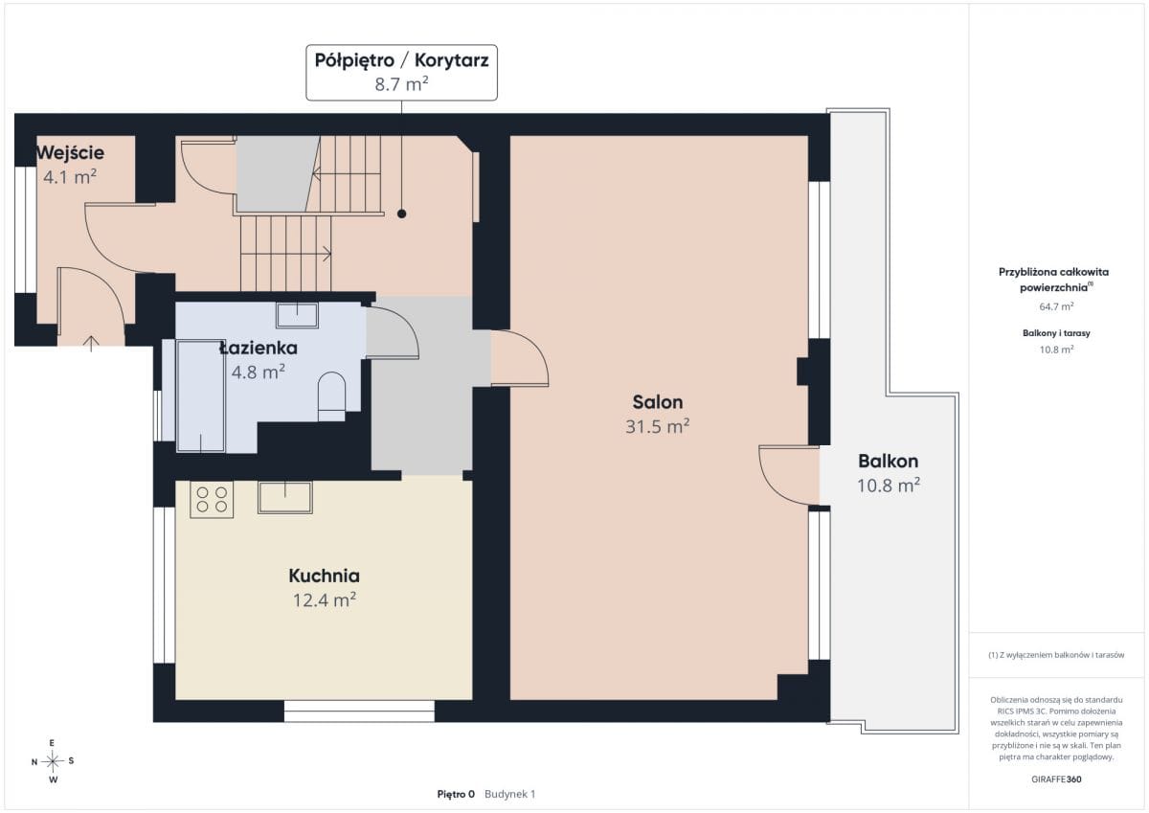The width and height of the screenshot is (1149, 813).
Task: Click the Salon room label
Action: point(657,402)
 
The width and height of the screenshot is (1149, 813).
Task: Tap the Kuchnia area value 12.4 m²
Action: point(325,599)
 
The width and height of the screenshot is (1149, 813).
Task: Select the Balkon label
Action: point(888,462)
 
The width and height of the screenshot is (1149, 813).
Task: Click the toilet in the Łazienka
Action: point(331,396)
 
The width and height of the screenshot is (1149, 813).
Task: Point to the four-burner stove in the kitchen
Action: point(212,499)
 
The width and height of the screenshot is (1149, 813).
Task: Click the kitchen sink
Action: point(285,497)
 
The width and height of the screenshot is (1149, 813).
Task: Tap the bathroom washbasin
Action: point(297,314)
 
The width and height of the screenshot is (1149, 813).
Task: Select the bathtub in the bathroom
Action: point(200,396)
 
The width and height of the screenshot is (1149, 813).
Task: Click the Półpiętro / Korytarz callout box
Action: point(401,73)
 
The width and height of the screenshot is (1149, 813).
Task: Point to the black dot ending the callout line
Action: point(401,214)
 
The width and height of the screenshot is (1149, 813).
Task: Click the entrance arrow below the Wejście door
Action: point(91,343)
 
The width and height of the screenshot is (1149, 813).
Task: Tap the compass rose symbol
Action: point(53,761)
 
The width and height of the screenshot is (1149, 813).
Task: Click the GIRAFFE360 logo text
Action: point(1056,779)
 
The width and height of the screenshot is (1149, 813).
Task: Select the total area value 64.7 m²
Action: point(1056,306)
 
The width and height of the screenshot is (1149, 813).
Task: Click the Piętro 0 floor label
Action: point(456,794)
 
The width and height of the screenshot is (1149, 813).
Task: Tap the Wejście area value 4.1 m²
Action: point(70,177)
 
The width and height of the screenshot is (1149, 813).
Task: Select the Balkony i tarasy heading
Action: point(1056,333)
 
